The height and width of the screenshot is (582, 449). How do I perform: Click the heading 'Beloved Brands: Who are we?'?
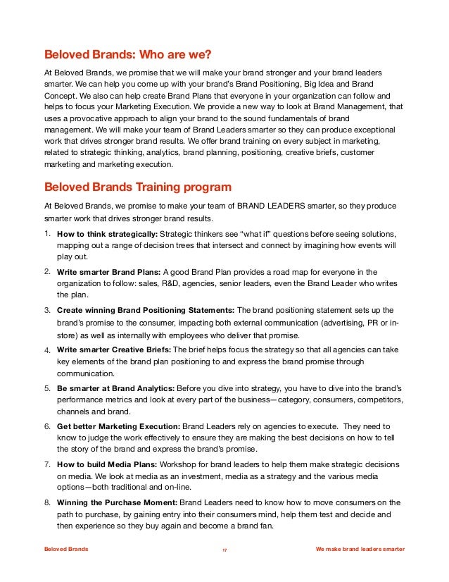(127, 54)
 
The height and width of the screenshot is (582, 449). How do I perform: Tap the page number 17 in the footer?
(224, 550)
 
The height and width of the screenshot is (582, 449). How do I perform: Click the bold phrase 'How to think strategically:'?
(108, 234)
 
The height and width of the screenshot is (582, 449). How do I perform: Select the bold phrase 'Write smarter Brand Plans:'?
(109, 272)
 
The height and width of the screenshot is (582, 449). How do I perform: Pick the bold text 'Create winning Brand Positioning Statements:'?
(146, 310)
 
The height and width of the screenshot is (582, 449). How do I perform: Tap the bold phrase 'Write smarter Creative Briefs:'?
(114, 349)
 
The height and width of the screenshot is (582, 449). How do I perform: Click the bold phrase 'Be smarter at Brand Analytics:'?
(115, 388)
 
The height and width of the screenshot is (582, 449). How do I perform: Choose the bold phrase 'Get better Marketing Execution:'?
(118, 426)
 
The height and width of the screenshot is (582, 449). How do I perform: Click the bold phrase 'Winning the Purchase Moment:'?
(117, 502)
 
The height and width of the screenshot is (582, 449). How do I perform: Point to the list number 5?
(46, 388)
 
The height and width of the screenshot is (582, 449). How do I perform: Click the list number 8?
(46, 502)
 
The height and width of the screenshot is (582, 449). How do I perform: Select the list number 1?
(46, 233)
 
